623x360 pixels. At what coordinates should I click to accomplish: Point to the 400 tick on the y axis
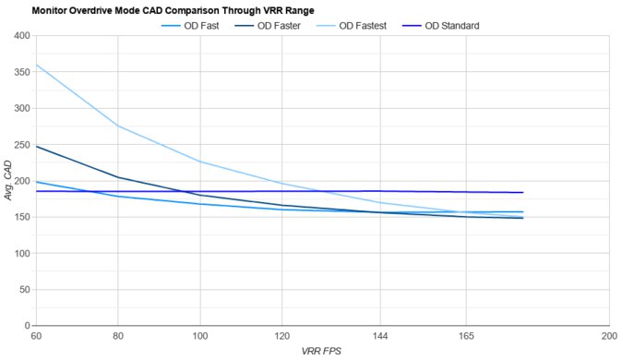[x=21, y=36]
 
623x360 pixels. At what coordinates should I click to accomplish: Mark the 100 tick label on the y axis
[x=21, y=254]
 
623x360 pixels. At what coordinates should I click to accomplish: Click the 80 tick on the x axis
[x=117, y=337]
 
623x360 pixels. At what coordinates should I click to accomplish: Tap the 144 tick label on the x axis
[x=380, y=337]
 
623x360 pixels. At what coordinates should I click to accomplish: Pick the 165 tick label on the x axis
[x=466, y=337]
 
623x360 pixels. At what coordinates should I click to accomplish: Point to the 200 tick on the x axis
[x=607, y=337]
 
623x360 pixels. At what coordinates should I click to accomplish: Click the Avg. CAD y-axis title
[x=8, y=181]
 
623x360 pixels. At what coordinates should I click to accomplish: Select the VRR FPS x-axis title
[x=322, y=352]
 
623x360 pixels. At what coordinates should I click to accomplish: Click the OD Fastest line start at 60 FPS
[x=36, y=65]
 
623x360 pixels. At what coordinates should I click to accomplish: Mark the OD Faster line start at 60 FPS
[x=36, y=146]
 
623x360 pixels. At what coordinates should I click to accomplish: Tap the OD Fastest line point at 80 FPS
[x=117, y=126]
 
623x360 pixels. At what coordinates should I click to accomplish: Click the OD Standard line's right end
[x=523, y=192]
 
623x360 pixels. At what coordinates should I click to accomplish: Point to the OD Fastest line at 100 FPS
[x=200, y=162]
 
